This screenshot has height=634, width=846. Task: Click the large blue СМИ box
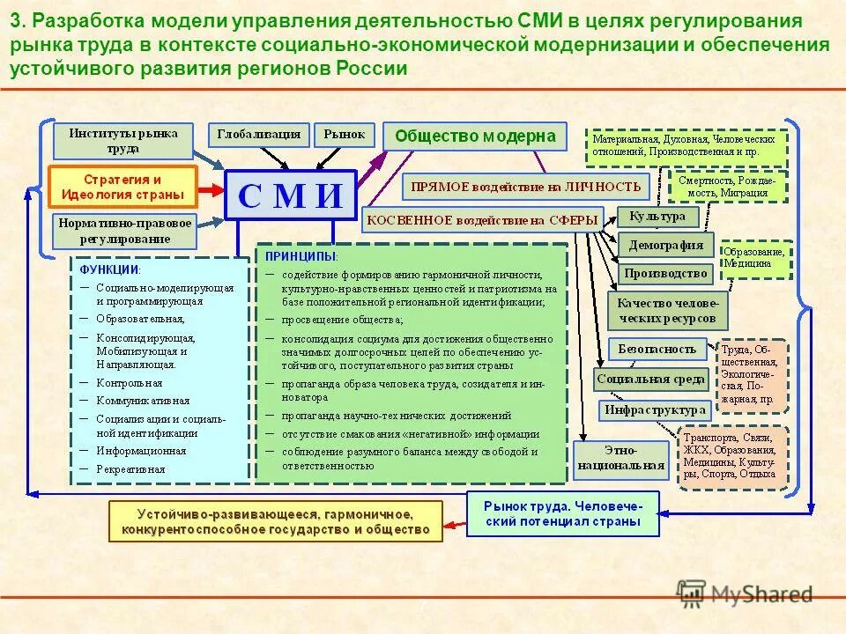pyautogui.click(x=290, y=195)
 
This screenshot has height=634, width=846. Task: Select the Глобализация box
pyautogui.click(x=258, y=135)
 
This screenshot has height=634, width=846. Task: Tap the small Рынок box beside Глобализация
pyautogui.click(x=344, y=135)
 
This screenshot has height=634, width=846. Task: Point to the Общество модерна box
pyautogui.click(x=475, y=136)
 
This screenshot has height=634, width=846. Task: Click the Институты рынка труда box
pyautogui.click(x=122, y=141)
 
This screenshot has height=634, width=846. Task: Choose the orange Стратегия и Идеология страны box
pyautogui.click(x=122, y=187)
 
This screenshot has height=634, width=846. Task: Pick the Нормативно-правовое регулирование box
pyautogui.click(x=124, y=231)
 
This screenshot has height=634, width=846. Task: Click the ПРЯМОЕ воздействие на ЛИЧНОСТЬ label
pyautogui.click(x=526, y=187)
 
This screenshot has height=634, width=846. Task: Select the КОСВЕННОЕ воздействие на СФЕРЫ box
pyautogui.click(x=482, y=219)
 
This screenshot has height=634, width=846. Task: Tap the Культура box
pyautogui.click(x=657, y=217)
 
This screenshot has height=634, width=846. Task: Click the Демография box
pyautogui.click(x=665, y=245)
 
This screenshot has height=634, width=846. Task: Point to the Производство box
pyautogui.click(x=665, y=273)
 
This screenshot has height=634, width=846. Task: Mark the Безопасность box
pyautogui.click(x=657, y=349)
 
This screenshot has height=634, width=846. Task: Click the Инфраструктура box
pyautogui.click(x=655, y=409)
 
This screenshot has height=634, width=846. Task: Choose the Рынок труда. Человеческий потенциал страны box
pyautogui.click(x=562, y=513)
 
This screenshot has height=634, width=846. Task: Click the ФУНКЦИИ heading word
pyautogui.click(x=109, y=269)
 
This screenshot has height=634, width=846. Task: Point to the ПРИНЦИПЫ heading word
pyautogui.click(x=301, y=255)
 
